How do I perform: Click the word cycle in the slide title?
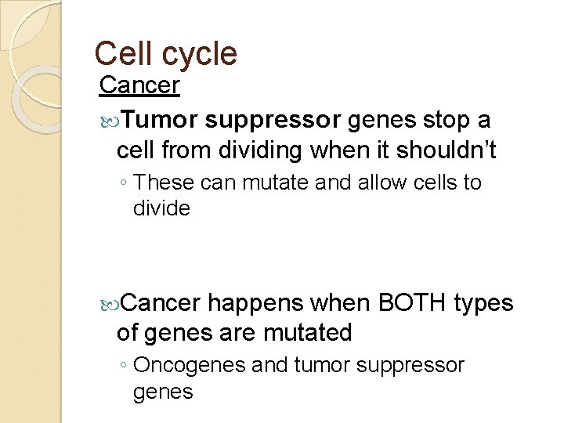(201, 54)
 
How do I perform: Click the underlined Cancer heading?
(139, 85)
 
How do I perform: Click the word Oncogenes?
(183, 366)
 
